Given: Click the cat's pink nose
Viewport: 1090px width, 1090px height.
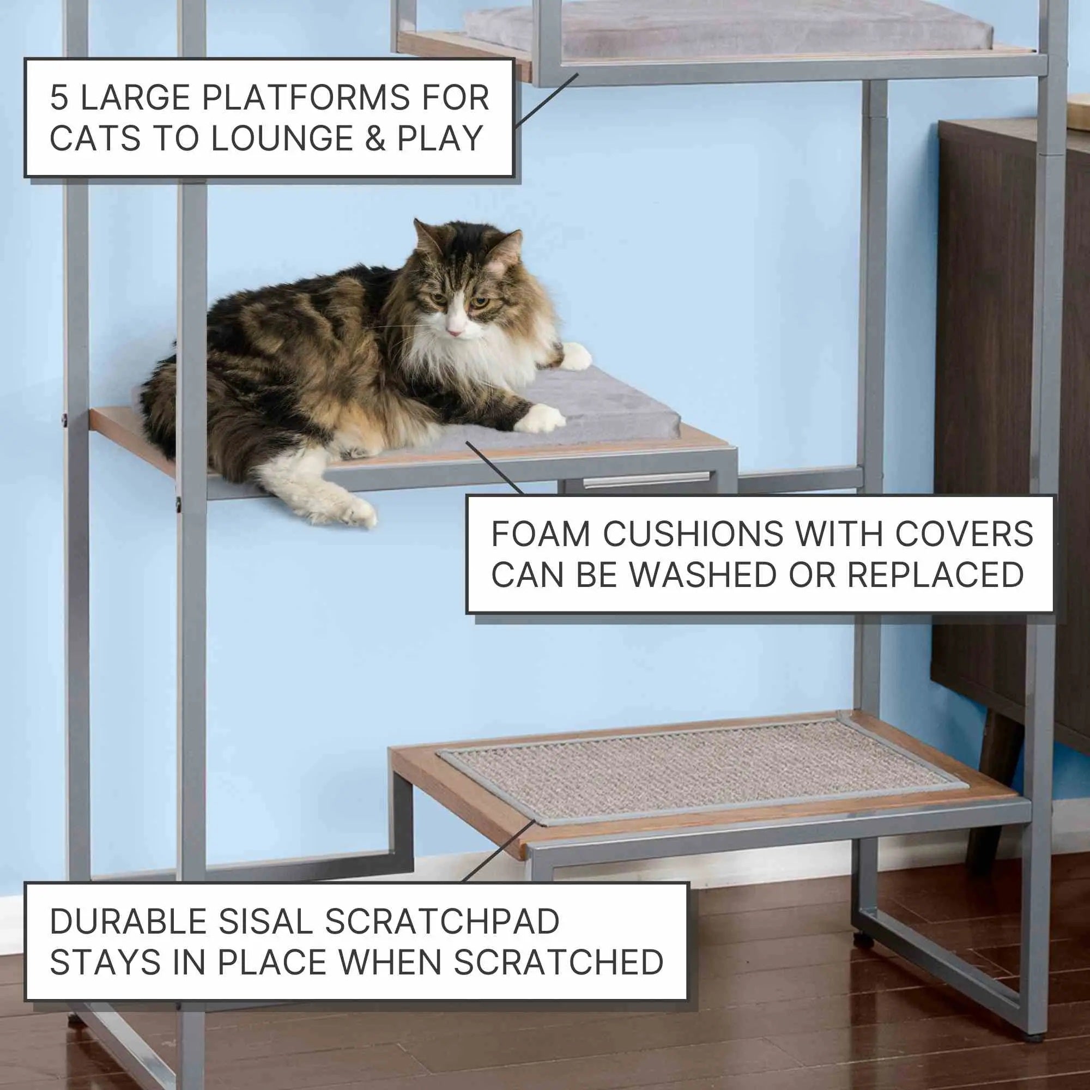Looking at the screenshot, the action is click(455, 330).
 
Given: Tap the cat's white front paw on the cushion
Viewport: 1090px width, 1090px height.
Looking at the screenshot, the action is click(541, 418).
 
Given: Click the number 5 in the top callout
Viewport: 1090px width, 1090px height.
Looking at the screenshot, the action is click(59, 98).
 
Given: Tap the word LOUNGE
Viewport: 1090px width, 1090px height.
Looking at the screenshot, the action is click(282, 138).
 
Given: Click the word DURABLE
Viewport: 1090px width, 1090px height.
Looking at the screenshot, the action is click(129, 921).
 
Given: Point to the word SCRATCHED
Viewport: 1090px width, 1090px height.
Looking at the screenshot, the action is click(559, 962).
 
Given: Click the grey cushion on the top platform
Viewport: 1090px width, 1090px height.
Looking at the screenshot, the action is click(728, 28).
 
